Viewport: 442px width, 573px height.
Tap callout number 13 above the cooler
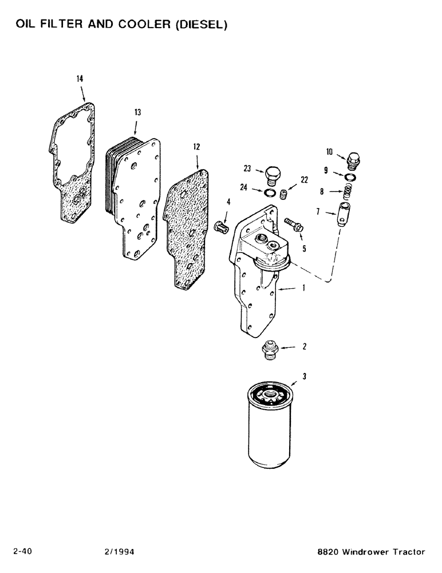click(x=137, y=113)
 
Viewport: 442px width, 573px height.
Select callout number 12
click(x=196, y=147)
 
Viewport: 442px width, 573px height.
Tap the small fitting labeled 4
click(x=221, y=227)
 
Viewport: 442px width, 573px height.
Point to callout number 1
click(x=303, y=290)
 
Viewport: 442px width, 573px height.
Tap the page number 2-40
click(x=22, y=552)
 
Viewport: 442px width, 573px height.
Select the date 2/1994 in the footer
click(x=116, y=552)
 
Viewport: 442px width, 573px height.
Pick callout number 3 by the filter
click(x=305, y=376)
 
